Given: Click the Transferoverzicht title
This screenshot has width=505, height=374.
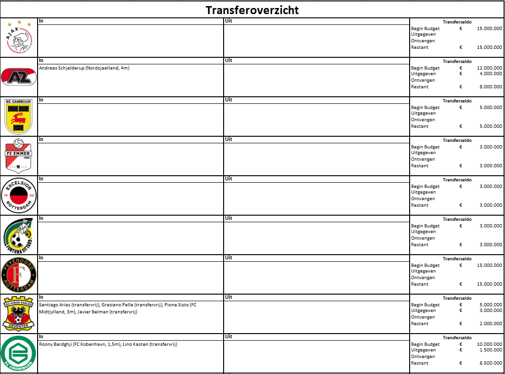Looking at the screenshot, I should [x=252, y=10].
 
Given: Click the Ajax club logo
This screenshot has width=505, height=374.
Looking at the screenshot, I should [x=19, y=38].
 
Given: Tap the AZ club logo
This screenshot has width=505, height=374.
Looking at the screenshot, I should [x=19, y=77].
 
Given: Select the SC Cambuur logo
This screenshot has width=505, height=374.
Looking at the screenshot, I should [x=19, y=117].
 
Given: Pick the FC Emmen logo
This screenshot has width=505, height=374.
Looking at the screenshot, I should [x=19, y=156].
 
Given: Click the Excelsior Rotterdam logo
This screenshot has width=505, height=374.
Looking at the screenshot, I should [x=19, y=195].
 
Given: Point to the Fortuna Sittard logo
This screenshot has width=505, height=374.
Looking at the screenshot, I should [x=19, y=235].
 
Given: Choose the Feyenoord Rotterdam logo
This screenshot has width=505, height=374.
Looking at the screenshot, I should [x=19, y=274].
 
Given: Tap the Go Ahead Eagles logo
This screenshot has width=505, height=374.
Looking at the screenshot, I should [x=19, y=313].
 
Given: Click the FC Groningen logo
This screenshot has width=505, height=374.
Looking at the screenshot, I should [x=19, y=353].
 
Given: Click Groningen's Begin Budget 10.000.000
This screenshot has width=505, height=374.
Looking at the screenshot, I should [x=489, y=344].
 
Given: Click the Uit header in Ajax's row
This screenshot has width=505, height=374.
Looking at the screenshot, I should [x=228, y=21].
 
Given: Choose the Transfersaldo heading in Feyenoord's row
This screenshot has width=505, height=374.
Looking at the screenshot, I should [x=457, y=259].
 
